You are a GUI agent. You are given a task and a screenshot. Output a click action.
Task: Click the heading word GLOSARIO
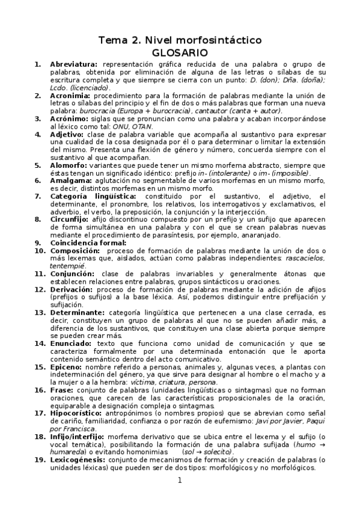[180, 52]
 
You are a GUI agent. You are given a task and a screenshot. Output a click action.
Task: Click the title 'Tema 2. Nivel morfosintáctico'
[180, 40]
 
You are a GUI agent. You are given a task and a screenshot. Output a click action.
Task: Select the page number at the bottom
[179, 497]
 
